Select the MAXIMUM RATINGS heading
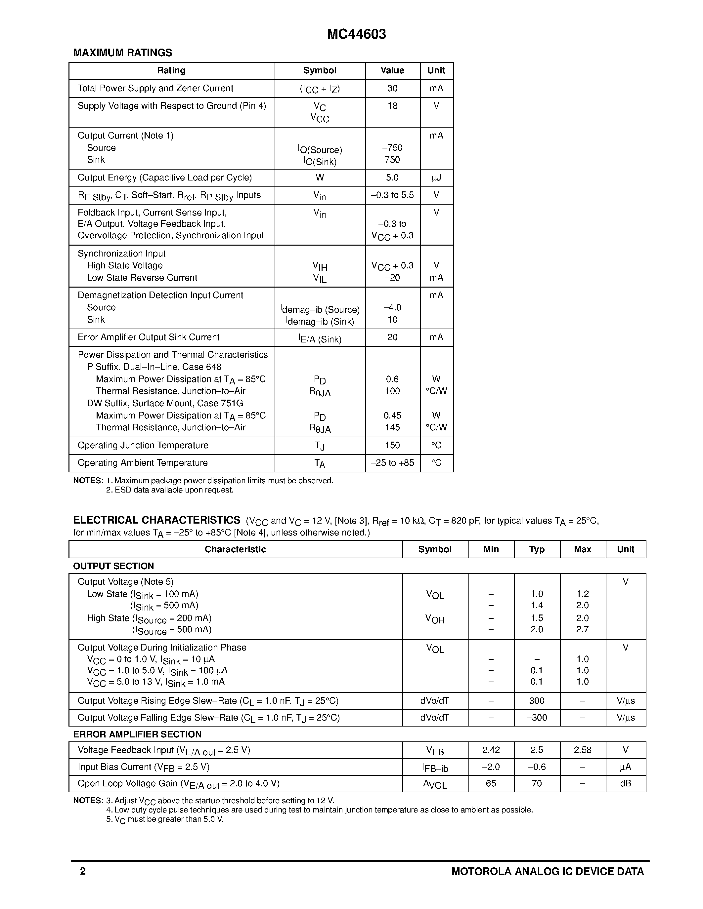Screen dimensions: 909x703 (122, 53)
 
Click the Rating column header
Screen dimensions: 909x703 (171, 71)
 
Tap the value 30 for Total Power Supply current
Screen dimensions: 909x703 (392, 88)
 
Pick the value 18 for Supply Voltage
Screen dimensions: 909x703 (392, 106)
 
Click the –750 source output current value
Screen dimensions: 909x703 (392, 148)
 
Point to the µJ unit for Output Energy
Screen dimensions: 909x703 (436, 178)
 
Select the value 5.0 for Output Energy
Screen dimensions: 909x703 (392, 178)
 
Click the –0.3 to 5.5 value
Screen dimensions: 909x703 (392, 195)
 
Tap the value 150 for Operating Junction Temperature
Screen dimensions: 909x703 (392, 445)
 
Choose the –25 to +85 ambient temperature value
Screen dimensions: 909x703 (392, 463)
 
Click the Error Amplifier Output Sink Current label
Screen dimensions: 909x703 (148, 337)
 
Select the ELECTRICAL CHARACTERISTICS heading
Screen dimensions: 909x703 (156, 520)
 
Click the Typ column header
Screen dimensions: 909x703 (537, 549)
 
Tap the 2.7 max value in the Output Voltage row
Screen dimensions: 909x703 (582, 629)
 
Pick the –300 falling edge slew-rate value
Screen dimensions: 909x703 (537, 718)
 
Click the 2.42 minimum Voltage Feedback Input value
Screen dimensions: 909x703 (491, 750)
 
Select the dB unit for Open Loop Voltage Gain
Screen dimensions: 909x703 (626, 783)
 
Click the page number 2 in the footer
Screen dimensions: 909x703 (83, 871)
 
